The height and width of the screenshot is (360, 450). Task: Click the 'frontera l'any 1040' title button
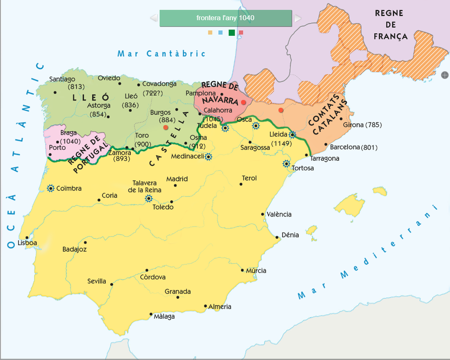pyautogui.click(x=226, y=18)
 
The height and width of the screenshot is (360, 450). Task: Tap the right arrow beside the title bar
pyautogui.click(x=297, y=18)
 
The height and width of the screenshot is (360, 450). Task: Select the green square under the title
pyautogui.click(x=232, y=33)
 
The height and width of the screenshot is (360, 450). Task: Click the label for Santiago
pyautogui.click(x=62, y=79)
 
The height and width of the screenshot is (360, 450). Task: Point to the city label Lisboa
pyautogui.click(x=27, y=243)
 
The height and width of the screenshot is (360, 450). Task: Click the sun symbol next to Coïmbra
pyautogui.click(x=50, y=188)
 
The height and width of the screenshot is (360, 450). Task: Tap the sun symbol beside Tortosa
pyautogui.click(x=286, y=164)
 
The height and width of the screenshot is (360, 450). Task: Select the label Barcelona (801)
pyautogui.click(x=353, y=148)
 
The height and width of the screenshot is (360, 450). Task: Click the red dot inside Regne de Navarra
pyautogui.click(x=243, y=102)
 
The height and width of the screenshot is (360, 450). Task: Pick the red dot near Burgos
pyautogui.click(x=166, y=127)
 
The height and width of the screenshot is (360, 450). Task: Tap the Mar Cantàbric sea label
pyautogui.click(x=162, y=53)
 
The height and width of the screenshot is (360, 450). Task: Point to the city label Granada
pyautogui.click(x=178, y=292)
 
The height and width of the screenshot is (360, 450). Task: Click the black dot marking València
pyautogui.click(x=263, y=214)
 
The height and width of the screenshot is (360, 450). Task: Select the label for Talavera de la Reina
pyautogui.click(x=146, y=186)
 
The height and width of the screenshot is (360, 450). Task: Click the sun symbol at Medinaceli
pyautogui.click(x=208, y=157)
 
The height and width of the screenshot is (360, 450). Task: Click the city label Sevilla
pyautogui.click(x=97, y=281)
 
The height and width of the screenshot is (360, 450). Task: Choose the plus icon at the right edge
pyautogui.click(x=444, y=75)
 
